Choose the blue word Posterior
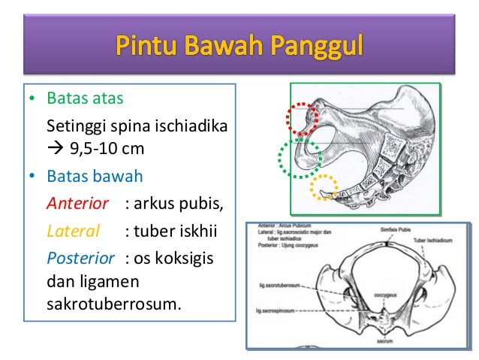pos(80,258)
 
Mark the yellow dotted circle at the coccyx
pos(325,188)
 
